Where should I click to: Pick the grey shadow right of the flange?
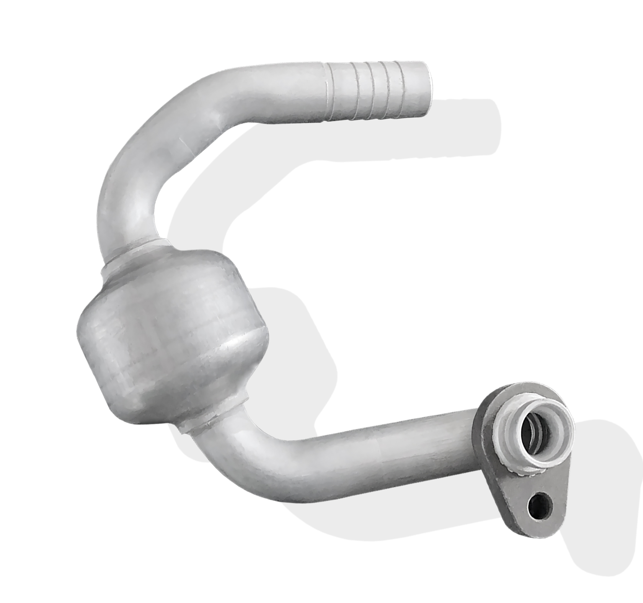click(609, 479)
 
